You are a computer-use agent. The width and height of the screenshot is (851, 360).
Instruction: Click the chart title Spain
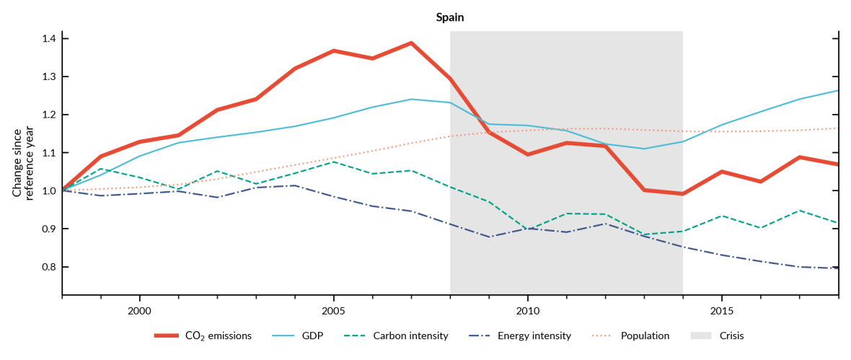(x=449, y=17)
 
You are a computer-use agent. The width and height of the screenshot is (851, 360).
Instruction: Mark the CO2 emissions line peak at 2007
(x=411, y=43)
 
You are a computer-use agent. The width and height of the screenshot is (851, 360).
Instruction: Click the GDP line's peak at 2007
(x=411, y=100)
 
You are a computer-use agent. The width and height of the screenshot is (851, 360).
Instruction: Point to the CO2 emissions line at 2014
(x=682, y=193)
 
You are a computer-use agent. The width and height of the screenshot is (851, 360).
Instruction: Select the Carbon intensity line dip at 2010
(x=527, y=229)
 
